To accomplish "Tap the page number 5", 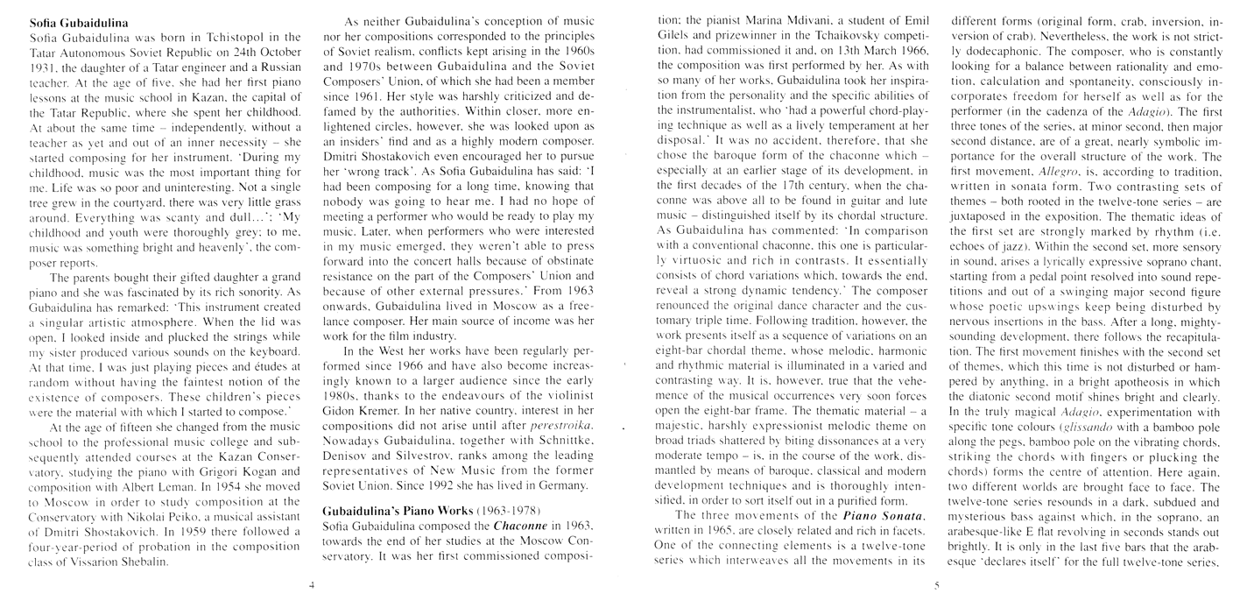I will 935,585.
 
